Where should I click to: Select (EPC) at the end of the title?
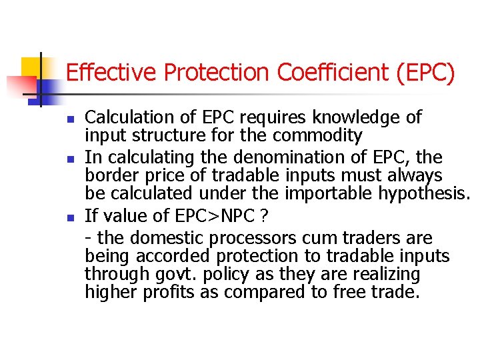coord(425,73)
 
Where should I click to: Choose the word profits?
coord(169,293)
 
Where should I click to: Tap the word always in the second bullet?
coord(417,176)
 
